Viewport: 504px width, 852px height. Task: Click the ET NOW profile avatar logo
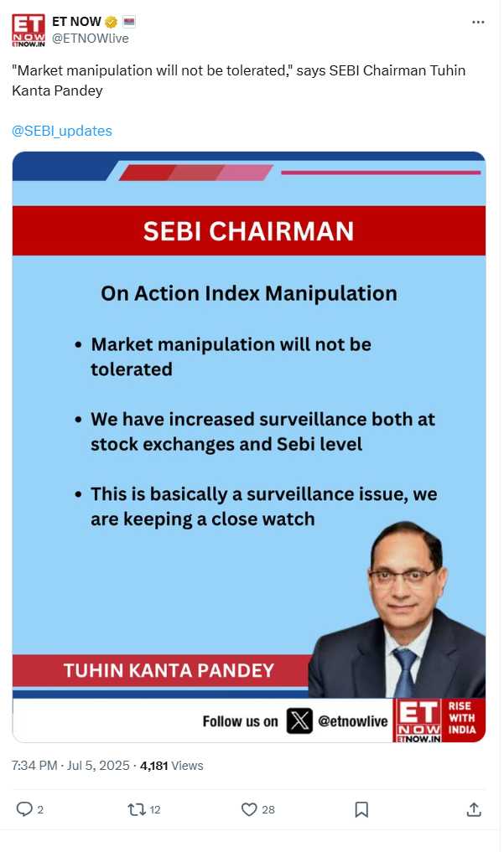pos(29,30)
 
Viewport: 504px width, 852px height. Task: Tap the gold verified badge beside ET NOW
pos(111,23)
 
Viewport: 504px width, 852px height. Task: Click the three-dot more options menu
pos(478,23)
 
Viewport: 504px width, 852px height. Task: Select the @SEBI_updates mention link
pos(62,131)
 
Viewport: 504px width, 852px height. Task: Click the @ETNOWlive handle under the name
pos(91,39)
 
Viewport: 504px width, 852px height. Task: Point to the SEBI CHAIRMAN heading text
pos(248,231)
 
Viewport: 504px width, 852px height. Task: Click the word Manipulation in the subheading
pos(331,293)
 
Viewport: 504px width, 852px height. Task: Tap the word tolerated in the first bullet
pos(132,369)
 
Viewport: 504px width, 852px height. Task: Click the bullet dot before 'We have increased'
pos(79,420)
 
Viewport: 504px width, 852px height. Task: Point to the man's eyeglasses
pos(404,575)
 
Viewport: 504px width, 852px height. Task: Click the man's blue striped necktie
pos(404,673)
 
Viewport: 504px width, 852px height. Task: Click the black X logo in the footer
pos(299,721)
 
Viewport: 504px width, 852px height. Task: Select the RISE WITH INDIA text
pos(461,718)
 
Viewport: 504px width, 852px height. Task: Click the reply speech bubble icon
pos(24,809)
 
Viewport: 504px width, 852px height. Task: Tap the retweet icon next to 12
pos(137,810)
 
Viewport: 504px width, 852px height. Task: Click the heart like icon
pos(249,809)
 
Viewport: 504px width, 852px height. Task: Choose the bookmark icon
pos(361,809)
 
